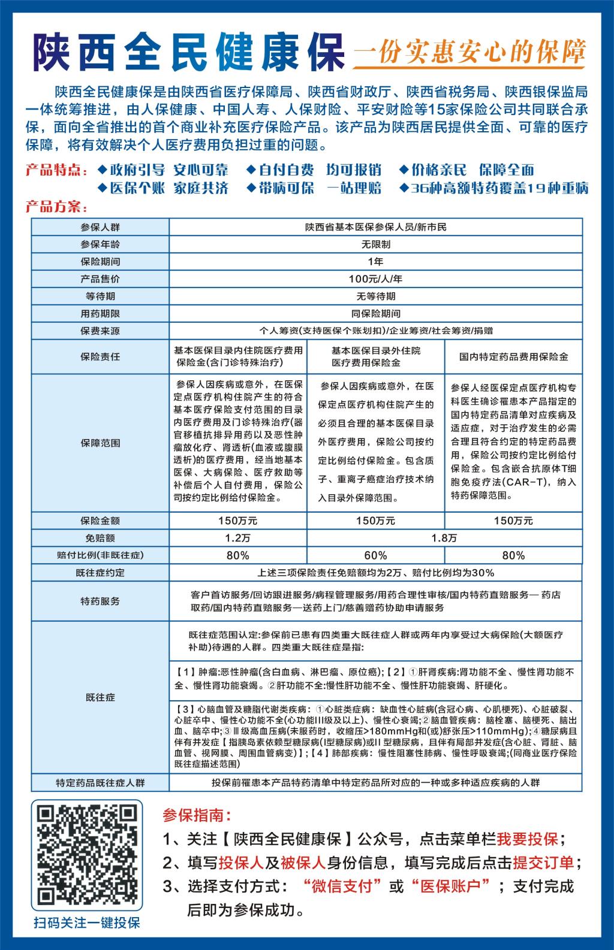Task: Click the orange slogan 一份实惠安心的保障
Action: click(469, 53)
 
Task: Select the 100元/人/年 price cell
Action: click(375, 279)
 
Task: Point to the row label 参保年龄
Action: click(100, 244)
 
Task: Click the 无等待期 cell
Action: click(375, 296)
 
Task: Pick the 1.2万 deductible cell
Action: click(237, 538)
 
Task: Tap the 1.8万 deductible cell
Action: click(444, 538)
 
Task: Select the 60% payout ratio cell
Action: click(375, 555)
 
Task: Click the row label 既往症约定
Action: click(100, 573)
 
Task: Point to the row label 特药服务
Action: click(100, 601)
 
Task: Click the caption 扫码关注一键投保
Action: click(87, 922)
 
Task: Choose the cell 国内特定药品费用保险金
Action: click(513, 356)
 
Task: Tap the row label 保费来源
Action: click(100, 331)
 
